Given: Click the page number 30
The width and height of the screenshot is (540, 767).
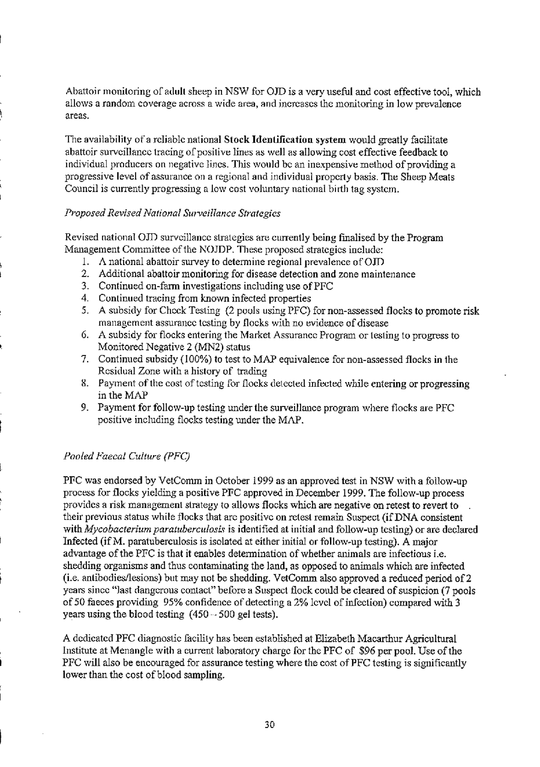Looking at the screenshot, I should point(270,724).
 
